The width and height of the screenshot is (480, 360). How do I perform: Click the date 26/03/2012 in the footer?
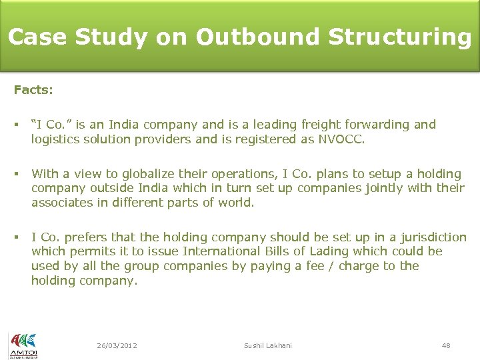pos(117,345)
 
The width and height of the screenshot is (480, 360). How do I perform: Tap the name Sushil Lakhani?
pos(268,345)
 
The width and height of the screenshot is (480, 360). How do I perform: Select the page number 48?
pos(446,345)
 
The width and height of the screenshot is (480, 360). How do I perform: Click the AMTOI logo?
pos(23,345)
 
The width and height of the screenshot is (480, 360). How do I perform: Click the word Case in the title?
pos(37,37)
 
